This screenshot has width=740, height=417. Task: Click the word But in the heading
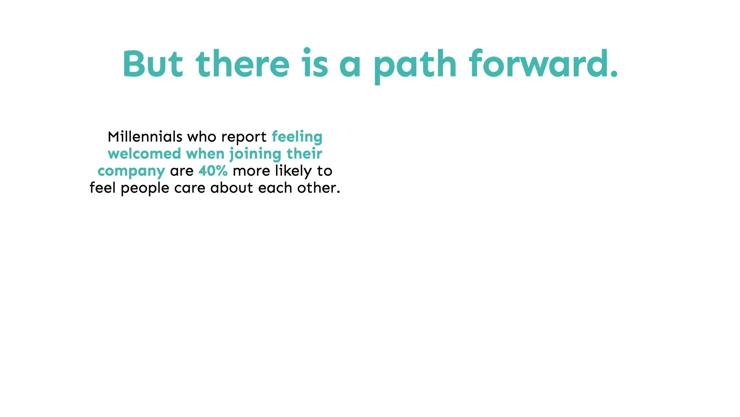coord(153,64)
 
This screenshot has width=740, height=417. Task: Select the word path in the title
coord(415,66)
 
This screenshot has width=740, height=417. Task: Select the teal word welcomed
coord(145,154)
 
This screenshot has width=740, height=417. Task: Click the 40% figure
coord(213,171)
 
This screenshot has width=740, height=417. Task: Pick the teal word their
coord(304,154)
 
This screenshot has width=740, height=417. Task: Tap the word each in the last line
coord(275,188)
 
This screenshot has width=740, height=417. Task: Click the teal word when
coord(205,154)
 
